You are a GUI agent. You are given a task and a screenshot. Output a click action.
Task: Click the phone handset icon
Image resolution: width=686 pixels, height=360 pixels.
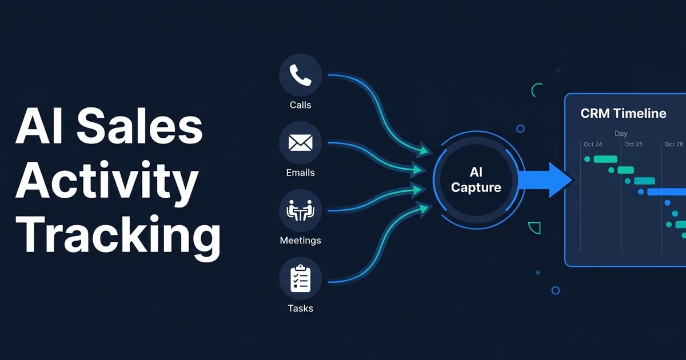pyautogui.click(x=301, y=75)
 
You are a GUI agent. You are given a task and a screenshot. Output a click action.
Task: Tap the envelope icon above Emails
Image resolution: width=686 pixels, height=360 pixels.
pyautogui.click(x=301, y=143)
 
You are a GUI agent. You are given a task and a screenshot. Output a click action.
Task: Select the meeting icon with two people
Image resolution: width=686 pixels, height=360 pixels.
pyautogui.click(x=301, y=210)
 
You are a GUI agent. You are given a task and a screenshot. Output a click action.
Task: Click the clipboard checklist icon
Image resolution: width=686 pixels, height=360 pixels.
pyautogui.click(x=301, y=278)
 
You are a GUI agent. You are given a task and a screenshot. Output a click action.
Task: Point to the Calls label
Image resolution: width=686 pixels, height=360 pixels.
pyautogui.click(x=301, y=105)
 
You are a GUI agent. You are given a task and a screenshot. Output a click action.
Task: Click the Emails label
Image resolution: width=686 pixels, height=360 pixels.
pyautogui.click(x=301, y=173)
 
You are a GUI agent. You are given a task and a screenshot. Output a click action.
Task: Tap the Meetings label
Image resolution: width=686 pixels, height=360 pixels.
pyautogui.click(x=301, y=241)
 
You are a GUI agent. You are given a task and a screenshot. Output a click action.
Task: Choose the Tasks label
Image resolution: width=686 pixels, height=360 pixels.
pyautogui.click(x=301, y=308)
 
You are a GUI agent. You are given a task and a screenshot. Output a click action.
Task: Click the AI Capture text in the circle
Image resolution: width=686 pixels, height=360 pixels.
pyautogui.click(x=476, y=179)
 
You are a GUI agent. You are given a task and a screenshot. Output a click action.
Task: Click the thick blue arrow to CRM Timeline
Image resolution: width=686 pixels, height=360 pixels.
pyautogui.click(x=546, y=180)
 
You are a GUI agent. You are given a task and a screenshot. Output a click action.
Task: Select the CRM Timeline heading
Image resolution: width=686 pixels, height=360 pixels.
pyautogui.click(x=623, y=114)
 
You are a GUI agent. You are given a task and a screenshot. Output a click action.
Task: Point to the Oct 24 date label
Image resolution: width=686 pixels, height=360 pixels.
pyautogui.click(x=593, y=144)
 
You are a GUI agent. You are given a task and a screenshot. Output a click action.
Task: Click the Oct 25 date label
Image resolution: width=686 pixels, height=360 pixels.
pyautogui.click(x=633, y=144)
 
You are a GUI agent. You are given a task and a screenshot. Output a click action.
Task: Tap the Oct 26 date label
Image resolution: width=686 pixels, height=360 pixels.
pyautogui.click(x=674, y=144)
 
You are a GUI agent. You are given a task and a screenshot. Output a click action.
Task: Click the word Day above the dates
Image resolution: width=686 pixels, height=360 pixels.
pyautogui.click(x=621, y=134)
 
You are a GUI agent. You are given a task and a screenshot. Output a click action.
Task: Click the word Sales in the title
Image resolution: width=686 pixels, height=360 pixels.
pyautogui.click(x=139, y=126)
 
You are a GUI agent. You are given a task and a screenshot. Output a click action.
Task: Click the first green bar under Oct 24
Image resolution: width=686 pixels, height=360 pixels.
pyautogui.click(x=605, y=159)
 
